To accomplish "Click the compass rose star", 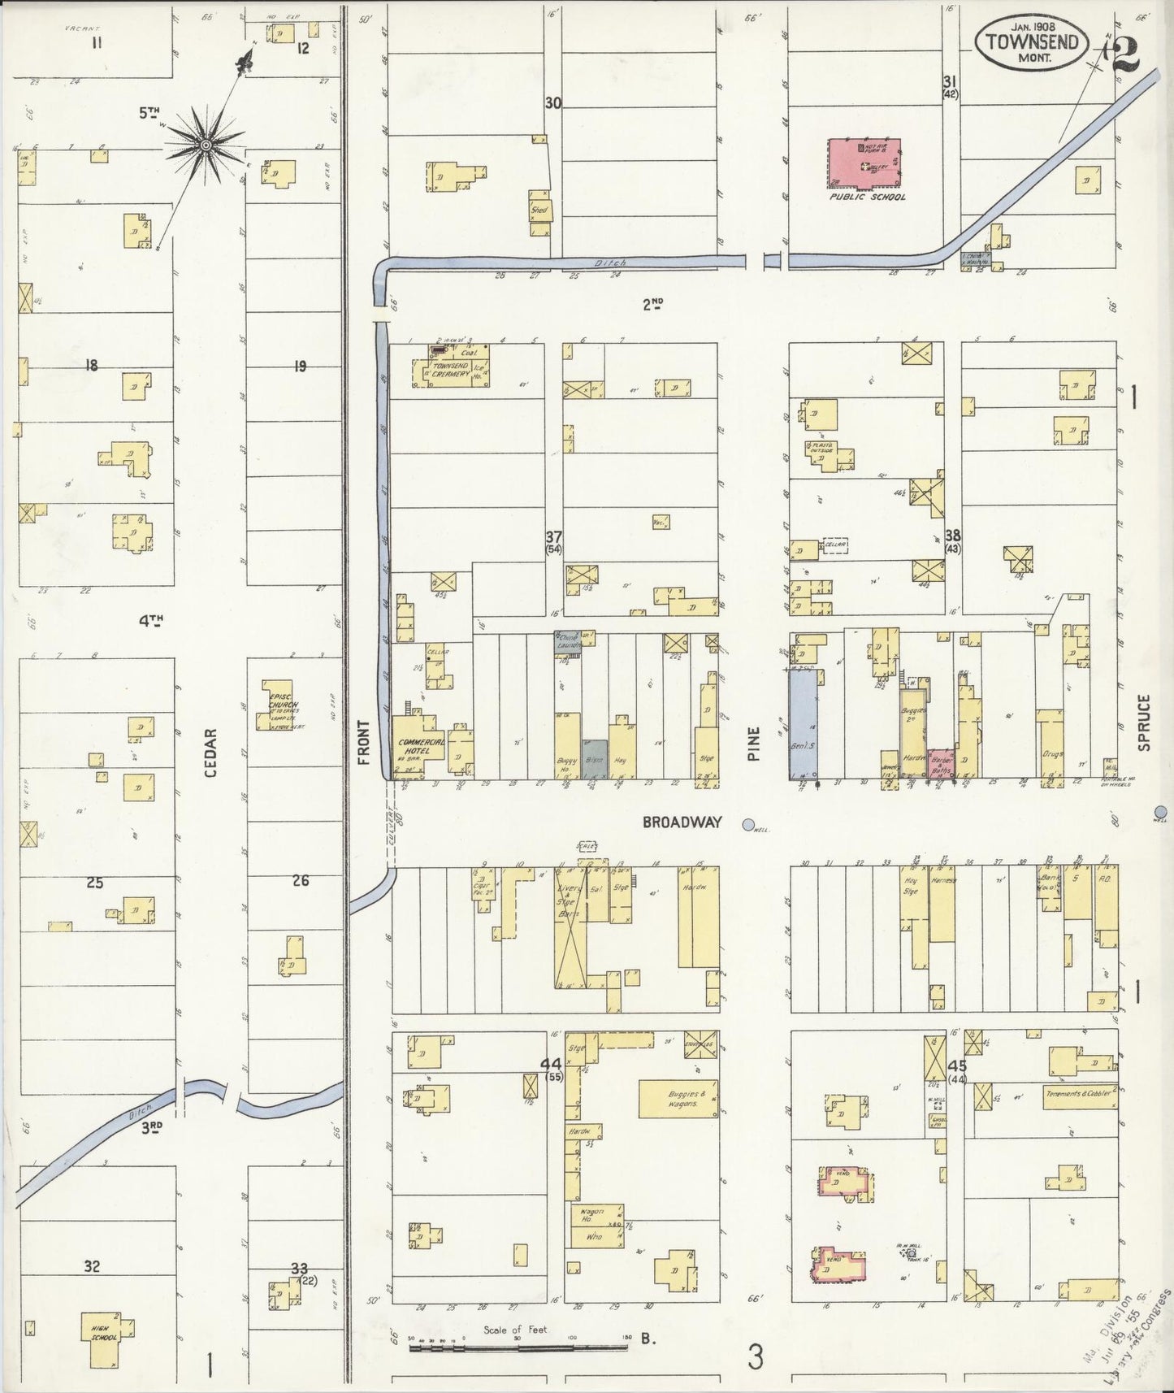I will point(206,145).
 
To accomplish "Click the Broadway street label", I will point(681,822).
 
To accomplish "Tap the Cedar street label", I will point(210,753).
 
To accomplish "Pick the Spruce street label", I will point(1144,722).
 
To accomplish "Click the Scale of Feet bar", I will point(518,1347).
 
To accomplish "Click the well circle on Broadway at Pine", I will point(748,824).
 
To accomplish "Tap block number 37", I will point(554,536).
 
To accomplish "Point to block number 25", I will point(94,883).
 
